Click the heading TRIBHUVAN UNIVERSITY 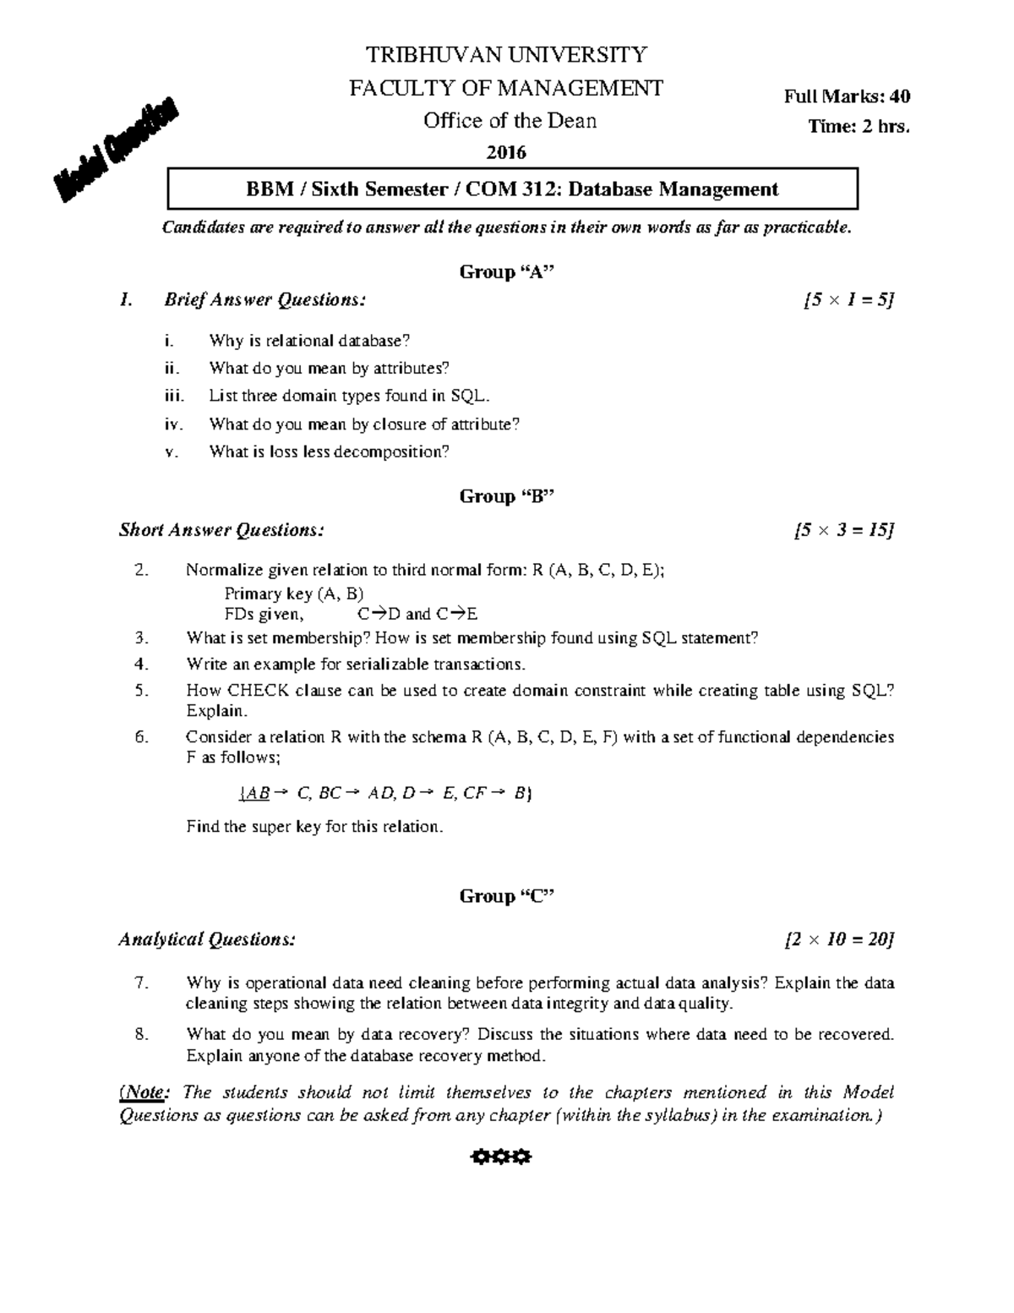506,55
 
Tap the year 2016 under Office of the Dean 506,152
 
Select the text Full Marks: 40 847,96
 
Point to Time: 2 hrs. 859,127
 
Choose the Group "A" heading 506,271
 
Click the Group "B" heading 506,496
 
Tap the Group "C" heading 506,896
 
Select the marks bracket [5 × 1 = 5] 848,299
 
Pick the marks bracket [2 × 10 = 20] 839,939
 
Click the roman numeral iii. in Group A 173,396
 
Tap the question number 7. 141,982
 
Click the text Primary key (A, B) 293,594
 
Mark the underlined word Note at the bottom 144,1092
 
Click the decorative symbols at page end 500,1157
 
